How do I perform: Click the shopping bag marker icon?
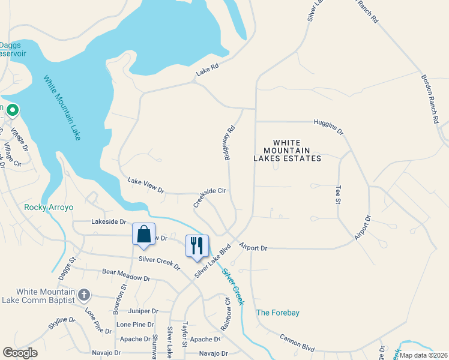(144, 235)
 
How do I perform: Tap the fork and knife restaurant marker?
(197, 246)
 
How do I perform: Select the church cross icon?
(84, 295)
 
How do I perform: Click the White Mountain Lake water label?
(62, 107)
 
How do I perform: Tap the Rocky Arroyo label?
(49, 208)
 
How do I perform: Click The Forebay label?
(278, 313)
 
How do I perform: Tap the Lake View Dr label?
(146, 185)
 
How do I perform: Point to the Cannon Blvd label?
(297, 343)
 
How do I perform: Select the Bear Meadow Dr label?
(126, 275)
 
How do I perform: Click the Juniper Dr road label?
(143, 311)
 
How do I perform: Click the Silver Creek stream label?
(233, 286)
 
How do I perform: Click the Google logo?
(20, 353)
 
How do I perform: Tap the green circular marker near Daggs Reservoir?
(12, 110)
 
